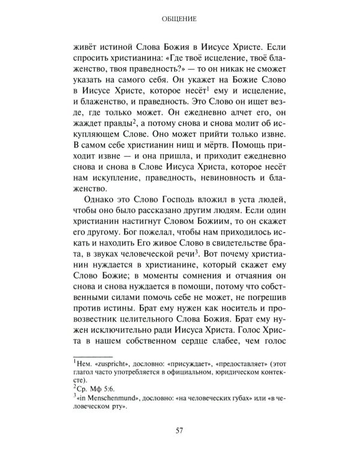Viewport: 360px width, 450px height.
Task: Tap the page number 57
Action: pyautogui.click(x=180, y=430)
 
